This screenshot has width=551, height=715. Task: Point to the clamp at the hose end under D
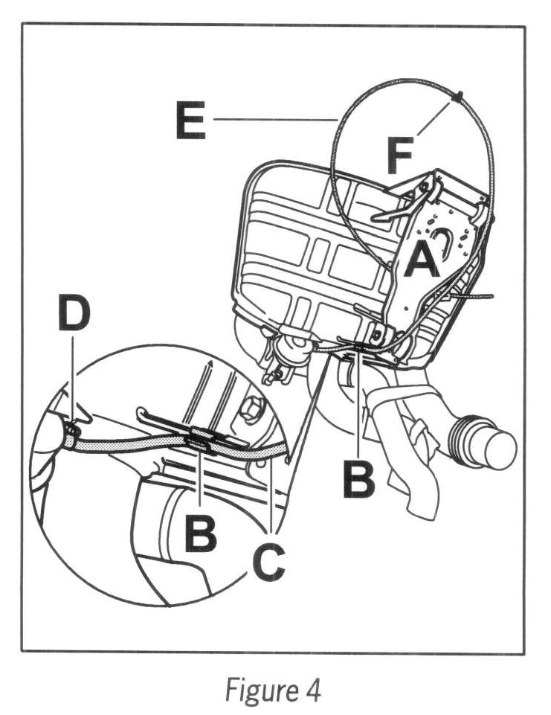71,430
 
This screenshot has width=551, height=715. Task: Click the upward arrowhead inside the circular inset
210,364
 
